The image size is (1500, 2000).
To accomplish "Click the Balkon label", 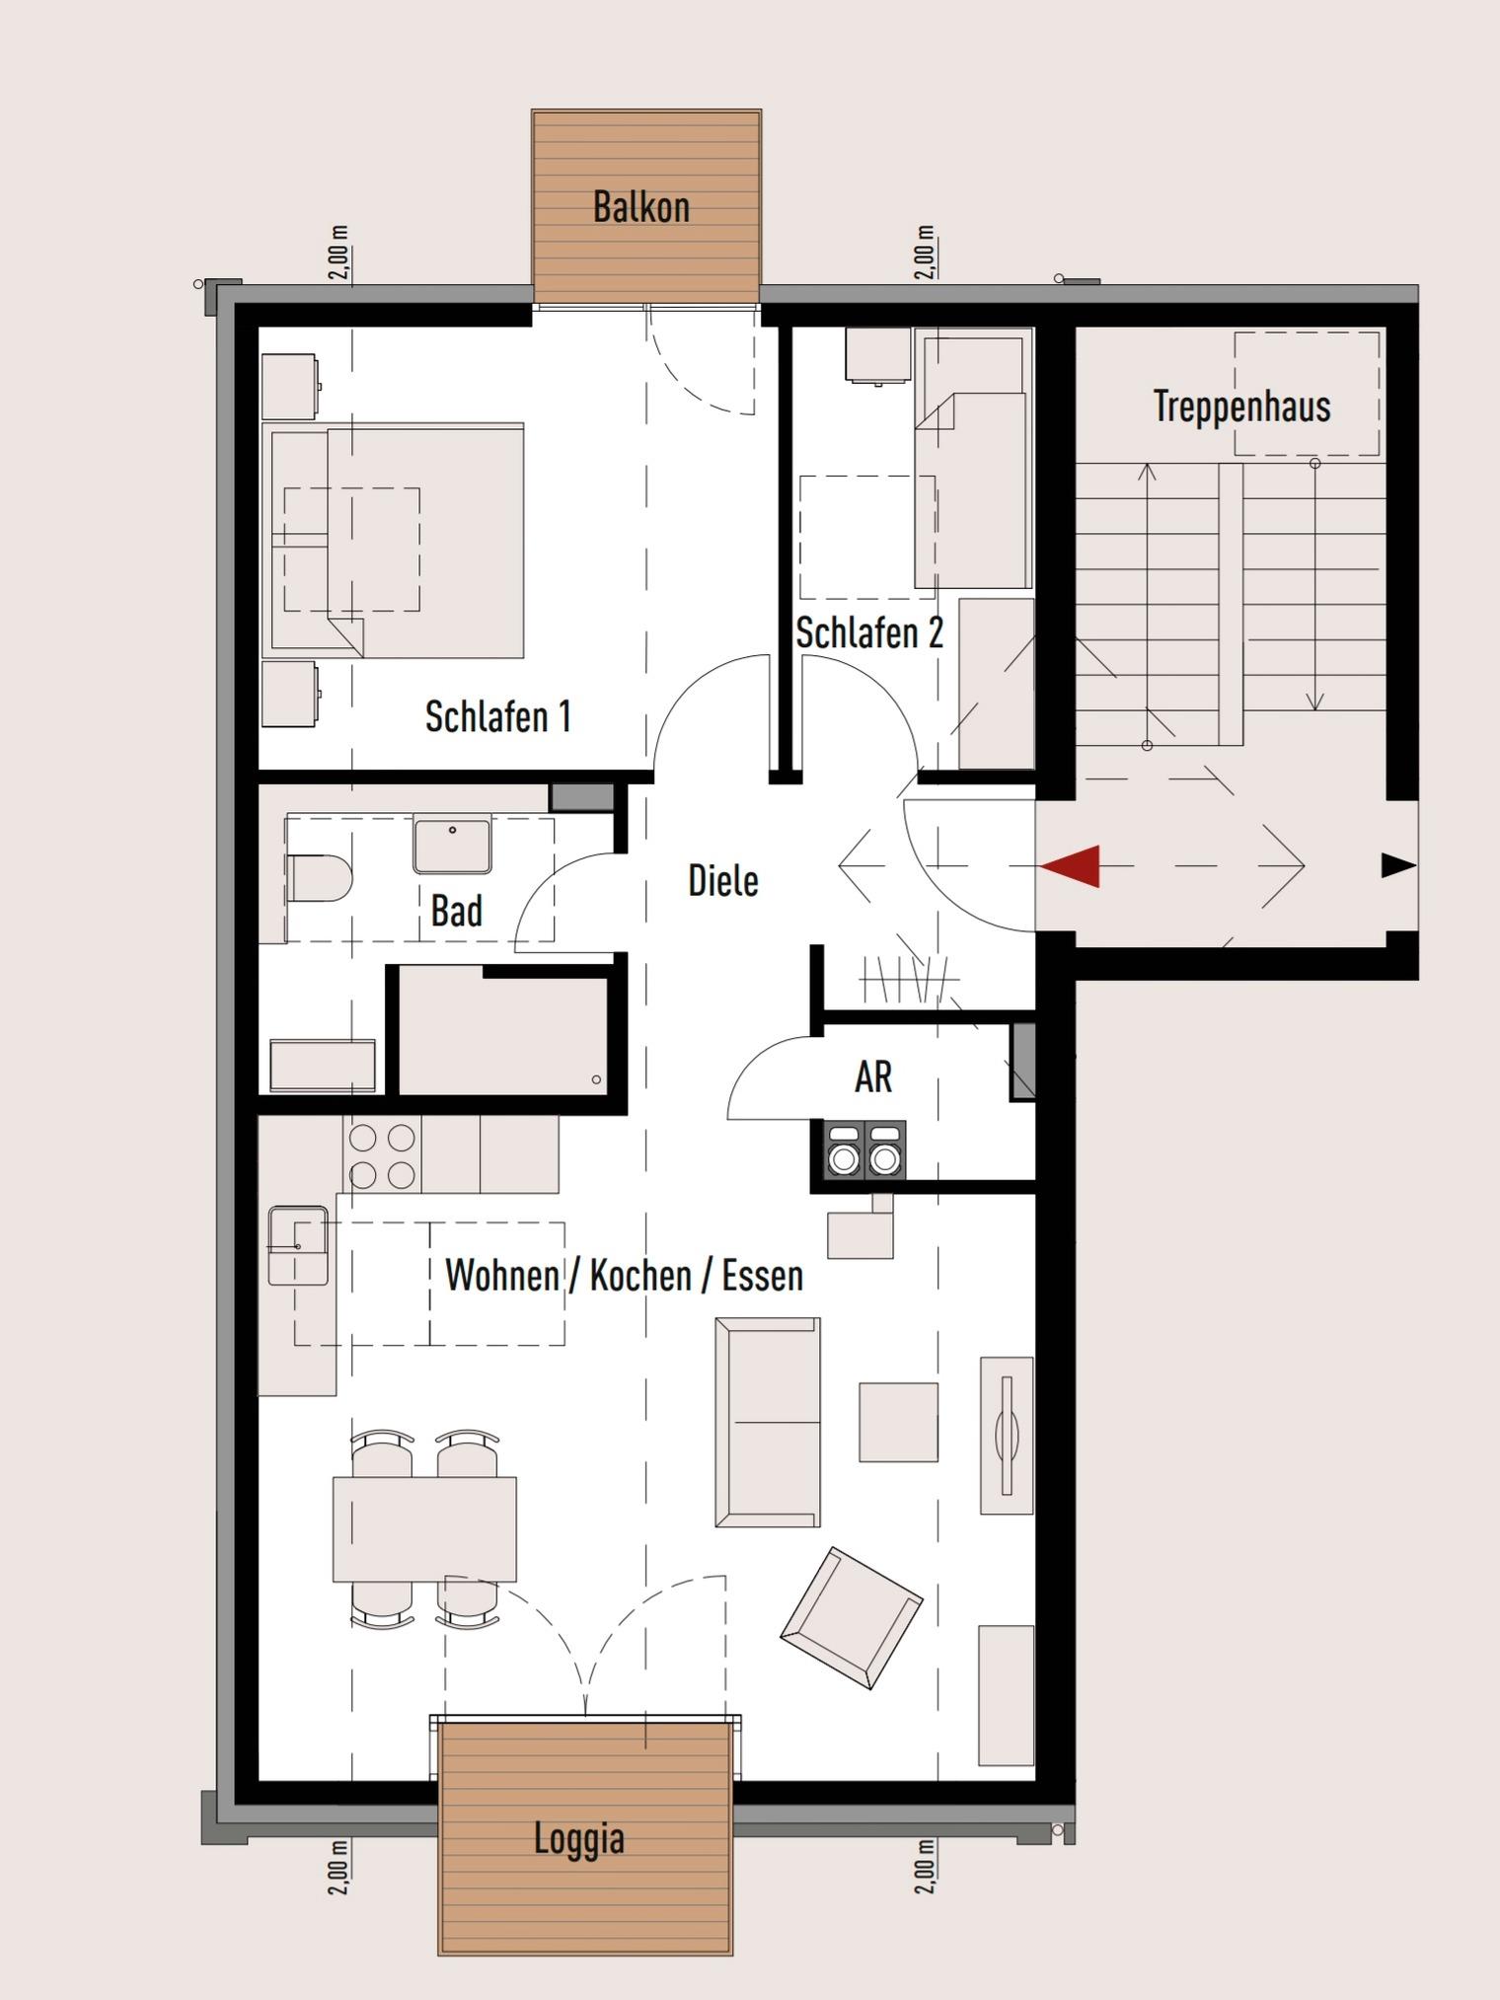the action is click(x=640, y=207).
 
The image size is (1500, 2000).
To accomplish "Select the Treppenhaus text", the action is click(x=1241, y=407).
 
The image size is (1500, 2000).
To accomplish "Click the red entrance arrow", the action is click(x=1070, y=866).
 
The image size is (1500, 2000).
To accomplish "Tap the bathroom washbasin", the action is click(x=452, y=845).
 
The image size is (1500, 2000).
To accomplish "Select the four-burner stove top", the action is click(x=382, y=1155).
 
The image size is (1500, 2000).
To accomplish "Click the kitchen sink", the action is click(x=297, y=1245).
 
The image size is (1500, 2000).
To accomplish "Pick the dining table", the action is click(x=424, y=1528).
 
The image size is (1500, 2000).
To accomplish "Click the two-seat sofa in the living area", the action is click(x=768, y=1422).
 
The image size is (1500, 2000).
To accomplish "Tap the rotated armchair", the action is click(x=852, y=1617).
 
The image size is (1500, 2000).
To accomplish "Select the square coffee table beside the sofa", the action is click(x=898, y=1422).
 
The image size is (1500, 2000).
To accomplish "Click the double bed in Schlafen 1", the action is click(x=393, y=541).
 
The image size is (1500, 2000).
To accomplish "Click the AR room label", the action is click(x=873, y=1076).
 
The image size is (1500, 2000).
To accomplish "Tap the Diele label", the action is click(x=723, y=880).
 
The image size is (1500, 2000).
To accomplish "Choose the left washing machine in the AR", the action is click(x=844, y=1150).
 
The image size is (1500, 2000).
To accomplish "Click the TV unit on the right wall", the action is click(x=1007, y=1435).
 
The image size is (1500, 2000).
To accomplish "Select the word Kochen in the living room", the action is click(x=639, y=1275).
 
